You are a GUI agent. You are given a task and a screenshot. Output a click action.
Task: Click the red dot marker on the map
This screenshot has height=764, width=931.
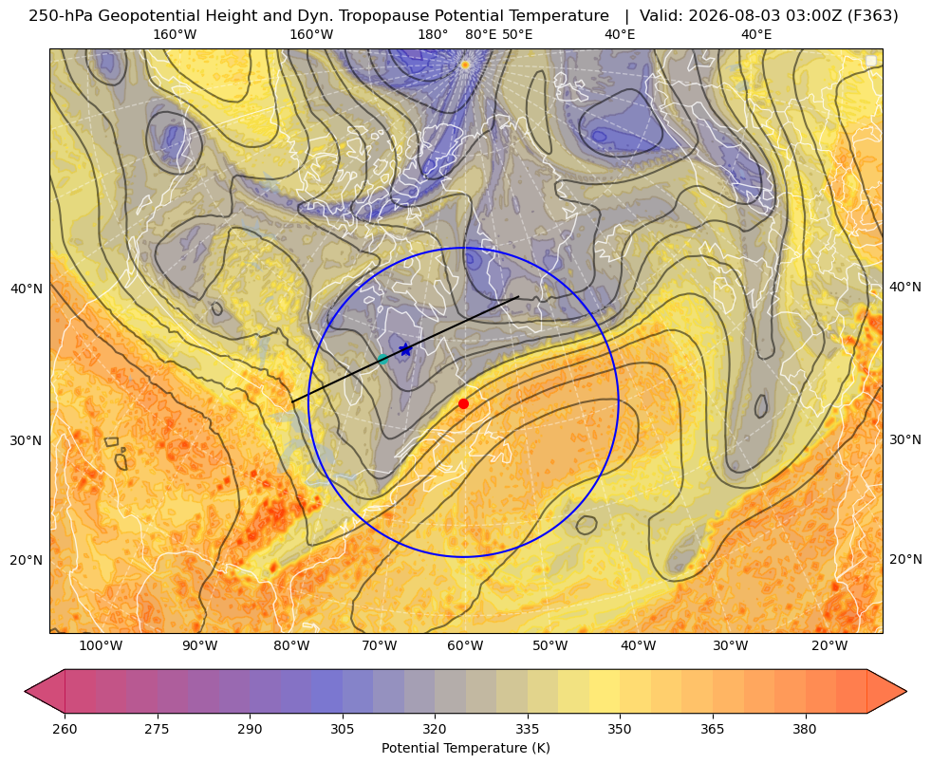pos(463,403)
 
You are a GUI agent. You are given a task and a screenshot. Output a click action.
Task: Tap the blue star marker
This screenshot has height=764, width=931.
pos(405,349)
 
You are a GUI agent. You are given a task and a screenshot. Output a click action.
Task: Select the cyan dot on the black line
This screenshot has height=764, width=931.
pos(383,359)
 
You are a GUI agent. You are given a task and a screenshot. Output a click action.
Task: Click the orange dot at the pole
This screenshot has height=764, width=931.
pos(465,65)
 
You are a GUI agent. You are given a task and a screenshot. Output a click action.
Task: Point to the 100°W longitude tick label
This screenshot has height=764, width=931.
pos(101,646)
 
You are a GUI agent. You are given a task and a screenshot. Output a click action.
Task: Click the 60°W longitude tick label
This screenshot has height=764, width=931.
pos(465,646)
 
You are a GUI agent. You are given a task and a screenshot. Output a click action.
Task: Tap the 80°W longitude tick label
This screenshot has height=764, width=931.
pos(291,646)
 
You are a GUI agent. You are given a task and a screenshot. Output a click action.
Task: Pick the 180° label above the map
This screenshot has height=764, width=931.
pos(433,34)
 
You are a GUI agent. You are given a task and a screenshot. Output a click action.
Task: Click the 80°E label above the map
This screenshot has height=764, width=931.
pos(480,34)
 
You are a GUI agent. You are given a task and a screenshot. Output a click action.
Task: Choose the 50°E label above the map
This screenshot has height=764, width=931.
pos(517,34)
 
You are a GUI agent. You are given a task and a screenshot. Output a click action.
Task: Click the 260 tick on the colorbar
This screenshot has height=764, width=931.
pos(65,729)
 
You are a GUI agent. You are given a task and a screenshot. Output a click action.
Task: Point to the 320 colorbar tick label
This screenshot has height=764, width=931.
pos(435,729)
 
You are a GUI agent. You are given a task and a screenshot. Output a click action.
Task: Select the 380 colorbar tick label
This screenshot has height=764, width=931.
pos(805,729)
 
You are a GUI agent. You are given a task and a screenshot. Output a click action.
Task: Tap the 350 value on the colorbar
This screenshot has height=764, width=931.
pos(620,729)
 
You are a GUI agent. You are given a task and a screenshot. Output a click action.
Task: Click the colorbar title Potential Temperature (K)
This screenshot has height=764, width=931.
pos(465,748)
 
